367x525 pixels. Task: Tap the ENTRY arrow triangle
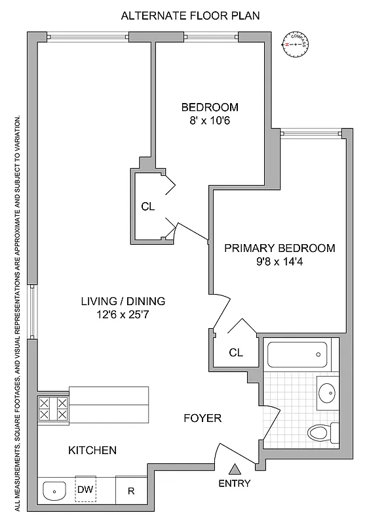[x=235, y=469]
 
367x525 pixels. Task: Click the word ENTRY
[x=235, y=484]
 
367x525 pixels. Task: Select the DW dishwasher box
[x=85, y=489]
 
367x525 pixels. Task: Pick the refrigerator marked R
[x=131, y=490]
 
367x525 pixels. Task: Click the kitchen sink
[x=55, y=490]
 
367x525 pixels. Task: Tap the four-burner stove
[x=53, y=409]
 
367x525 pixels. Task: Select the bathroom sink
[x=326, y=392]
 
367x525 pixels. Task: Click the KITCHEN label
[x=92, y=451]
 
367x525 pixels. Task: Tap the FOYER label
[x=202, y=418]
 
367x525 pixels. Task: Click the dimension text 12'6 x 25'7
[x=123, y=315]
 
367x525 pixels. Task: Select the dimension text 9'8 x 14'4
[x=280, y=262]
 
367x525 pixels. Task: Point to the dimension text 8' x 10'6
[x=210, y=121]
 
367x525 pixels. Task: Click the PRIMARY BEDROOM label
[x=280, y=249]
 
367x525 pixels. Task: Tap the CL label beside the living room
[x=148, y=206]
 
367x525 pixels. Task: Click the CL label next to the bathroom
[x=236, y=352]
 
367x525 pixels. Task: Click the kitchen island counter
[x=109, y=406]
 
